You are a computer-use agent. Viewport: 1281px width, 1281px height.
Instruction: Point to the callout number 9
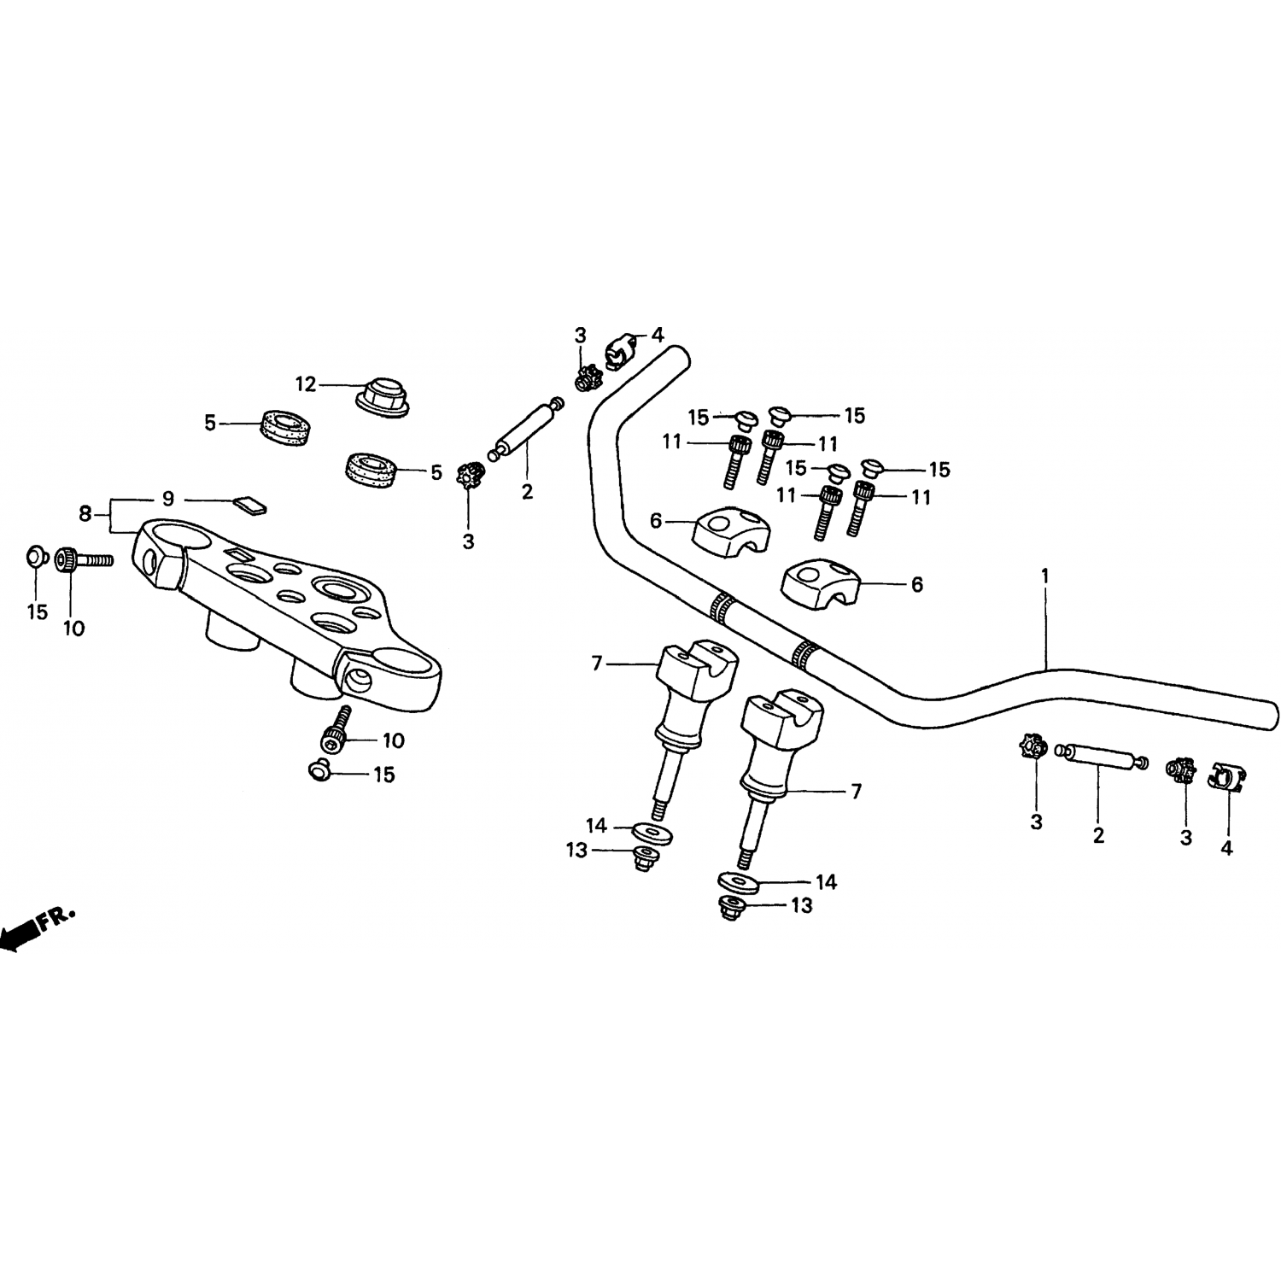(x=168, y=498)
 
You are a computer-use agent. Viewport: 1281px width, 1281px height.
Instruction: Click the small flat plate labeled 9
(x=251, y=505)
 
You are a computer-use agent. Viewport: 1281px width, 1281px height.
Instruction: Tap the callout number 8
(x=85, y=514)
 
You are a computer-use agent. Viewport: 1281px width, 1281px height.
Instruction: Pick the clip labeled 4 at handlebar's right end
(x=1227, y=775)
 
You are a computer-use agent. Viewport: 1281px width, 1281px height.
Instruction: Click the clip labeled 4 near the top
(x=620, y=348)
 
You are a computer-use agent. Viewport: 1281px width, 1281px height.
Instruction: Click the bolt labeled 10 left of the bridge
(x=84, y=561)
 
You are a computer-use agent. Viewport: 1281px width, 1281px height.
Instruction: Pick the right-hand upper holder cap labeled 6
(x=821, y=583)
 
